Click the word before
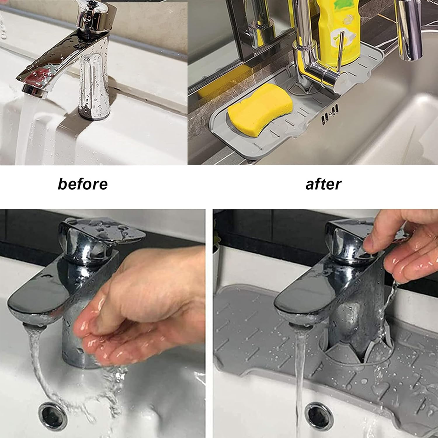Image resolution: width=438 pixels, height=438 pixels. point(83,184)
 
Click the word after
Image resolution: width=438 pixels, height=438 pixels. point(323,184)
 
